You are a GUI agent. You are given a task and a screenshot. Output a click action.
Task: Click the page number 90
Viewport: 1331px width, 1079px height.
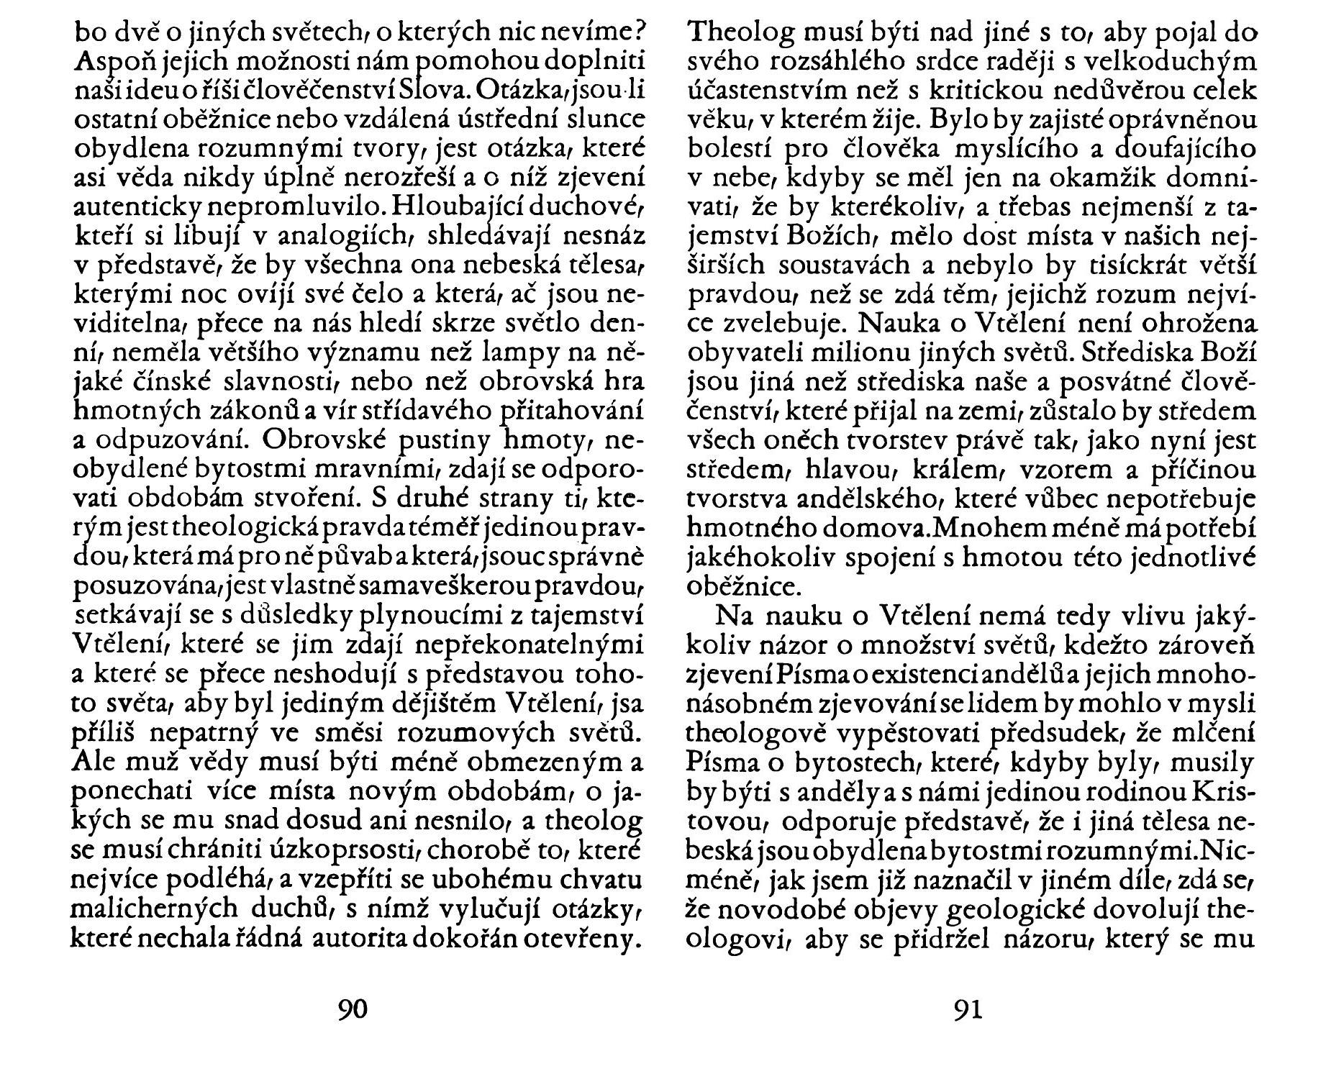pyautogui.click(x=352, y=1010)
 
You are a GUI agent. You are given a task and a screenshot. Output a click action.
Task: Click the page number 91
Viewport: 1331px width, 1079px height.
pyautogui.click(x=967, y=1010)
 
